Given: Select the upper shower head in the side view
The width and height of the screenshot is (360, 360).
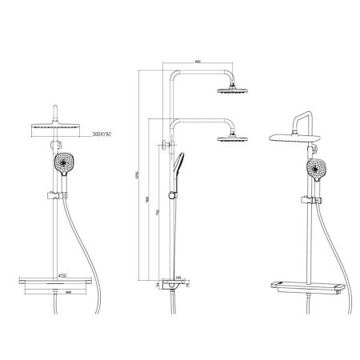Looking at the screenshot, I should (x=231, y=90).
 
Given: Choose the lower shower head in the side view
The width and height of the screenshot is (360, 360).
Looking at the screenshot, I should (x=231, y=139).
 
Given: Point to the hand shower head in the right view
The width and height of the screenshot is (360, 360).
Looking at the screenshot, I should (x=316, y=169).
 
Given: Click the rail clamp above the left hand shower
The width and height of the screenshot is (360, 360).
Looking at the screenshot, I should (x=55, y=146).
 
